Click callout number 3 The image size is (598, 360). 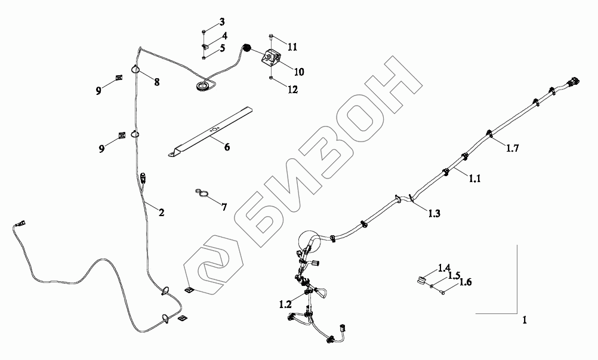click(221, 22)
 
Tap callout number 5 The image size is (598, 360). click(221, 48)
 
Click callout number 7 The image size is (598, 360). click(224, 207)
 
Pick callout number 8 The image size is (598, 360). click(157, 82)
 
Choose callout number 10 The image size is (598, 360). click(299, 72)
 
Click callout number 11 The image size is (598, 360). click(292, 46)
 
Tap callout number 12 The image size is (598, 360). click(292, 90)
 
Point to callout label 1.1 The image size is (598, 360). click(474, 177)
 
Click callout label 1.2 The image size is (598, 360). click(286, 304)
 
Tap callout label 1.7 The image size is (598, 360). click(513, 149)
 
